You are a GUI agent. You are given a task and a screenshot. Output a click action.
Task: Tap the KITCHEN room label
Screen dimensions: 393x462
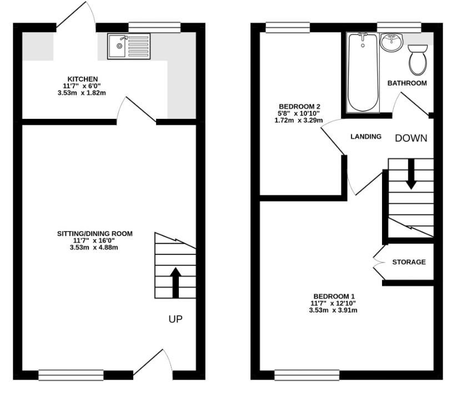click(83, 79)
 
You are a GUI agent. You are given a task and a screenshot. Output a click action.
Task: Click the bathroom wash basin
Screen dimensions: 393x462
click(392, 41)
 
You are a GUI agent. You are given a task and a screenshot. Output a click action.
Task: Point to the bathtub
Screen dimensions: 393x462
click(363, 72)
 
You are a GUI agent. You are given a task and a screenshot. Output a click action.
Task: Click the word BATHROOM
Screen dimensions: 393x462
click(407, 83)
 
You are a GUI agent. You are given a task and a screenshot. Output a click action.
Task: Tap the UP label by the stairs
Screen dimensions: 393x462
click(175, 319)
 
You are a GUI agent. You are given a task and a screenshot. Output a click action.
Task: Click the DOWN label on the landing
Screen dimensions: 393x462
click(411, 138)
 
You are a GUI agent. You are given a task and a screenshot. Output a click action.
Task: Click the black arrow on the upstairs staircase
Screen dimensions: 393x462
click(411, 174)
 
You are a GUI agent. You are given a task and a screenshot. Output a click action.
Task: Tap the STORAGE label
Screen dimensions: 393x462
click(409, 262)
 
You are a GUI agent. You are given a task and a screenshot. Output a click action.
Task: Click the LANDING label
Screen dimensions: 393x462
click(366, 137)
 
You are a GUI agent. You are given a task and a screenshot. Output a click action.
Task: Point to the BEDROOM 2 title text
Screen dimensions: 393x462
click(299, 107)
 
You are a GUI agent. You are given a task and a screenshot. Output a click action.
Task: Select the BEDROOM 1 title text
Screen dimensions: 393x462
click(333, 296)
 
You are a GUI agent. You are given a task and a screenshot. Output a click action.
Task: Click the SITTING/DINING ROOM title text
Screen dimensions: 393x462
click(95, 234)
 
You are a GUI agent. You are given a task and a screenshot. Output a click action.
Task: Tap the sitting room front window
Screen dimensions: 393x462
click(71, 375)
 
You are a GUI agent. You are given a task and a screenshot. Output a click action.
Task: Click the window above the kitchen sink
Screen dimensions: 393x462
click(154, 27)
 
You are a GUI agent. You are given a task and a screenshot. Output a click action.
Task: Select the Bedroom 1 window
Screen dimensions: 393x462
click(307, 375)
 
